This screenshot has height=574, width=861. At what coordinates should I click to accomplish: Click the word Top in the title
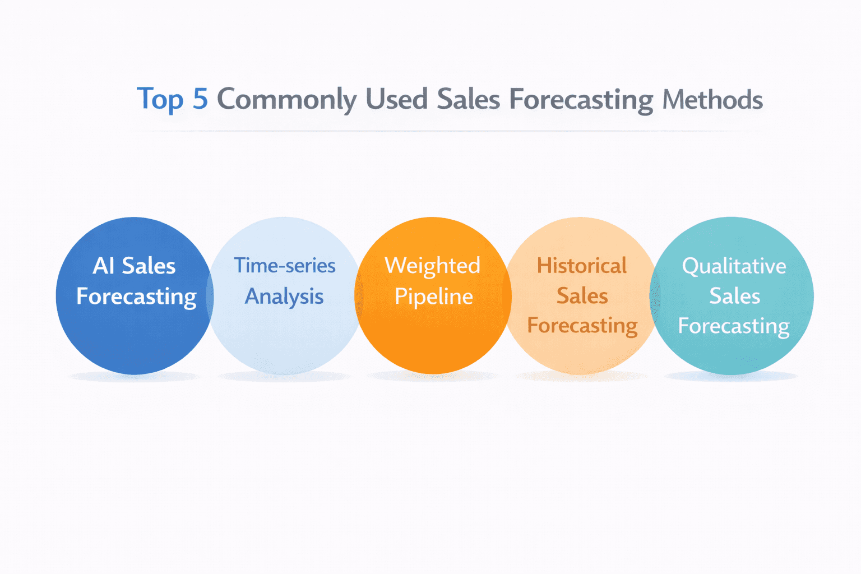pos(160,100)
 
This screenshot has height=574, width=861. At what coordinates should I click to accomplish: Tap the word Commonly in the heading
pos(286,100)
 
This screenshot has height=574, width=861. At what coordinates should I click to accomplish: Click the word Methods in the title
pos(712,99)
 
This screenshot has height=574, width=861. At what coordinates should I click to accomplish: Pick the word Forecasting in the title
pos(581,100)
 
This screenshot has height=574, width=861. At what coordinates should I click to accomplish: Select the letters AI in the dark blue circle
pos(104,266)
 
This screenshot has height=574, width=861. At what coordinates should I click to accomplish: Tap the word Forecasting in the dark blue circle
pos(136,297)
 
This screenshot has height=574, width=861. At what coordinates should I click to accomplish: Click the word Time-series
pos(284,266)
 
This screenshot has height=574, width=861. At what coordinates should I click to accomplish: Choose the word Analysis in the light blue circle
pos(284,297)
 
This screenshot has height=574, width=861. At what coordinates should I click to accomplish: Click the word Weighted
pos(432,266)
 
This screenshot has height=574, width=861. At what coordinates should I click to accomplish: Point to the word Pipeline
pos(433,297)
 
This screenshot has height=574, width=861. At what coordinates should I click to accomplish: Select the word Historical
pos(581,266)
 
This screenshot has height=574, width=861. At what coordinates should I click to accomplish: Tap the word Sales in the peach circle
pos(582,296)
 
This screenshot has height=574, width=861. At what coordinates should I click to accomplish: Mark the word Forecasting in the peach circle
pos(582,326)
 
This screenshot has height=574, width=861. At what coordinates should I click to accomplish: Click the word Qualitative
pos(734,266)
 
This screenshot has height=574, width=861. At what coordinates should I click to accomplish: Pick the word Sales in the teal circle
pos(734,296)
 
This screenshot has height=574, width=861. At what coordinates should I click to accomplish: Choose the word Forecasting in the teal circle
pos(734,326)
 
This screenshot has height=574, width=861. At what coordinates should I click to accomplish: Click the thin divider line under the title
pos(448,131)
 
